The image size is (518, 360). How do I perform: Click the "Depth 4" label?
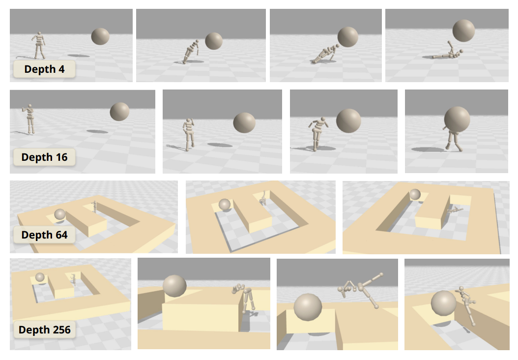tap(44, 69)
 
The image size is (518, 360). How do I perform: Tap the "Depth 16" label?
tap(45, 157)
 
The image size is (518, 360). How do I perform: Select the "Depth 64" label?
tap(44, 235)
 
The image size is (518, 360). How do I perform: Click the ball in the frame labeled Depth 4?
tap(100, 36)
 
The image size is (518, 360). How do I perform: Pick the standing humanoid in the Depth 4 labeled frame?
tap(39, 45)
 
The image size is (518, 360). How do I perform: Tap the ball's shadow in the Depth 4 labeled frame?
tap(79, 56)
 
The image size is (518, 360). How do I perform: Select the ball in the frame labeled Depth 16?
tap(119, 112)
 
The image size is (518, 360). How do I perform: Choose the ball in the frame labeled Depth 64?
tap(60, 214)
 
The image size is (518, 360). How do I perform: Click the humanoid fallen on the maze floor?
tap(455, 210)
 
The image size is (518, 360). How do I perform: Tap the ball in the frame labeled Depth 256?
tap(40, 277)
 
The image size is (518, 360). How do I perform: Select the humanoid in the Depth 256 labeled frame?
tap(73, 279)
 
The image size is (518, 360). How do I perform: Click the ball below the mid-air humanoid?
tap(308, 308)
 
